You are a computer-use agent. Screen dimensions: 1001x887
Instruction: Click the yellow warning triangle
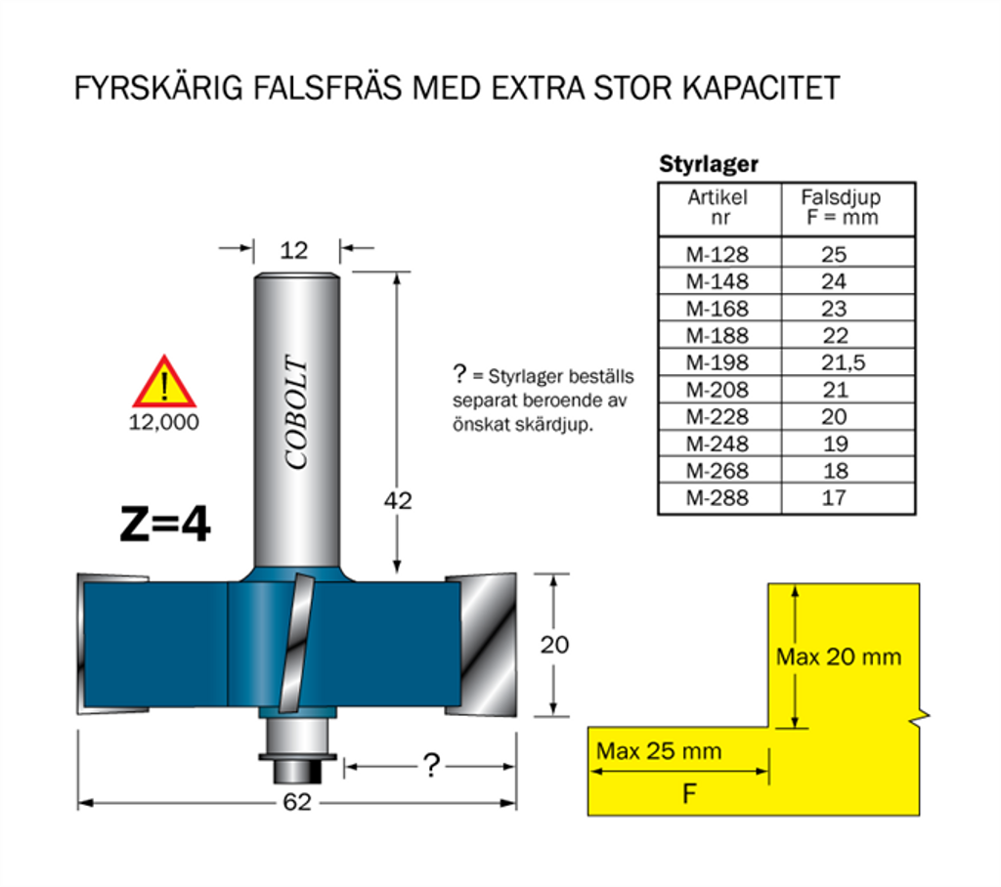(164, 382)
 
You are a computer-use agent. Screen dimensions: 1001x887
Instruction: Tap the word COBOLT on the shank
(296, 412)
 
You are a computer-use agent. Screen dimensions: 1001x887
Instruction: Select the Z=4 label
(164, 524)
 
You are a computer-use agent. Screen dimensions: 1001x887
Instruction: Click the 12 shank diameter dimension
(293, 250)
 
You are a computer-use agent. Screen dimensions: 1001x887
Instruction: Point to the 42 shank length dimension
(398, 500)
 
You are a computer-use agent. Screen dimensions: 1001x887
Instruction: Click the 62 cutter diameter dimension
(297, 802)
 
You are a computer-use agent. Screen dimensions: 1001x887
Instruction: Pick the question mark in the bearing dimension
(431, 765)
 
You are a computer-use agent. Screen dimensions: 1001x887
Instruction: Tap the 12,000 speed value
(164, 422)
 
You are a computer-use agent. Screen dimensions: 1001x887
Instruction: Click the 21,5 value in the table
(843, 362)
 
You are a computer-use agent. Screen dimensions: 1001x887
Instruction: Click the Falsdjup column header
(842, 207)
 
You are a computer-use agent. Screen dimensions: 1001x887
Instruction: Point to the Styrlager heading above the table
(709, 164)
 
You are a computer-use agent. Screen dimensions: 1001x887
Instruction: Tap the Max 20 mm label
(839, 656)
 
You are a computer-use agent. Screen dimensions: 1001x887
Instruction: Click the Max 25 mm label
(659, 751)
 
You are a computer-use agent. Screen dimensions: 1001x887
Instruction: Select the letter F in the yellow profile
(689, 794)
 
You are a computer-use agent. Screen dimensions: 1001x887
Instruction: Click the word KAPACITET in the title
(761, 88)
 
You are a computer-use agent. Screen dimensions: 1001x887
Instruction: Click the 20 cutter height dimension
(554, 645)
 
